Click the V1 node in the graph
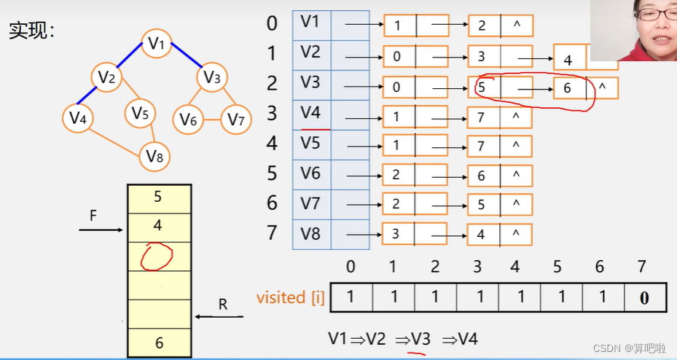[157, 44]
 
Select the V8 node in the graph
[154, 155]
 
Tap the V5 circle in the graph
[141, 114]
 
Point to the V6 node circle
[189, 119]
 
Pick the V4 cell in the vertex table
[311, 113]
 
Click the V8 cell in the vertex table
[311, 235]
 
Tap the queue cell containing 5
[158, 197]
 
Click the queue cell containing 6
[158, 343]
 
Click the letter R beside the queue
[223, 305]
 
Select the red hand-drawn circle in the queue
[157, 257]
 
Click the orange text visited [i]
[291, 297]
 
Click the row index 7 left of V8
[272, 233]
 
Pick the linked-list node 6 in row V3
[568, 89]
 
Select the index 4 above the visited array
[515, 267]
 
